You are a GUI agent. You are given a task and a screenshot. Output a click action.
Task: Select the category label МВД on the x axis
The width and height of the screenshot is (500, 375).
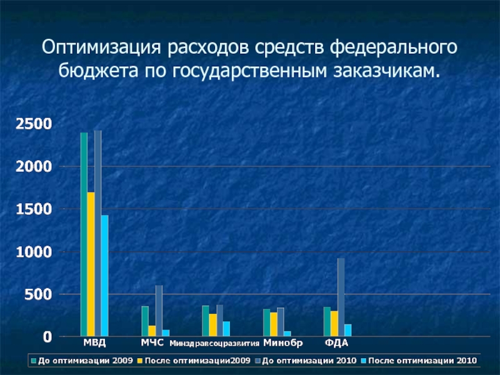click(95, 343)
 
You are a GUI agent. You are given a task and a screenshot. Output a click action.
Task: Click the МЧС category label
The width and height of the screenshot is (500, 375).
click(152, 342)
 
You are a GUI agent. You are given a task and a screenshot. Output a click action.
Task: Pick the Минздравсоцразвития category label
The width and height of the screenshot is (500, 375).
click(214, 344)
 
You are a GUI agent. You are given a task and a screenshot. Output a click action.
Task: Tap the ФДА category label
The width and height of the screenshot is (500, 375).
click(336, 343)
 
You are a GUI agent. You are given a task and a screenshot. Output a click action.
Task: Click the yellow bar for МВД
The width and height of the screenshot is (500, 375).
click(91, 264)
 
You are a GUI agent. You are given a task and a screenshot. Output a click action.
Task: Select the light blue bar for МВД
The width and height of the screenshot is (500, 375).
click(105, 276)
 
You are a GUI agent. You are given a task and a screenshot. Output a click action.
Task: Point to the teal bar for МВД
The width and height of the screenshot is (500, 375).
click(84, 234)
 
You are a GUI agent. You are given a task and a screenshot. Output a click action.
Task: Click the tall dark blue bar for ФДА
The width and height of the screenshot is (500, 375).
click(341, 297)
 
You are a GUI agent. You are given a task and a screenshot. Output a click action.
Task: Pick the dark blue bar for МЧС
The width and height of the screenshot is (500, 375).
click(159, 311)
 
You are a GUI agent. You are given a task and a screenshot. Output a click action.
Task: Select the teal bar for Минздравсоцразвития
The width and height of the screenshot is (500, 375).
click(206, 321)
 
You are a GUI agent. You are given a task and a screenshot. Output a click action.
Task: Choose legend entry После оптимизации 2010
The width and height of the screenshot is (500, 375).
click(422, 361)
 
